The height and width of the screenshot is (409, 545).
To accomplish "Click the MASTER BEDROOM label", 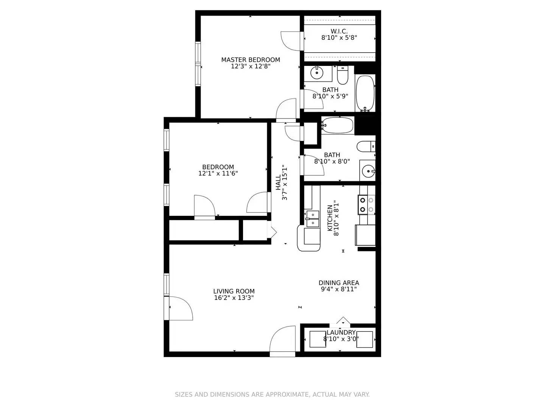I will pyautogui.click(x=251, y=60).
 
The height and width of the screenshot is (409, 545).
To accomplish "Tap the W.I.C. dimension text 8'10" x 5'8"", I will pyautogui.click(x=339, y=38).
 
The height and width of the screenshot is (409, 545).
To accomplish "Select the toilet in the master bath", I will pyautogui.click(x=343, y=75).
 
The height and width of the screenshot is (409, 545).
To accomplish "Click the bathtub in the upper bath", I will pyautogui.click(x=365, y=93).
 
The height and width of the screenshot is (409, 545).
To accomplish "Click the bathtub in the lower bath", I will pyautogui.click(x=338, y=125).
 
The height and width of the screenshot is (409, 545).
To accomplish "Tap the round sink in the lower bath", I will pyautogui.click(x=367, y=172).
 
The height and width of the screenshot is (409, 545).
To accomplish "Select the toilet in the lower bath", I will pyautogui.click(x=366, y=146).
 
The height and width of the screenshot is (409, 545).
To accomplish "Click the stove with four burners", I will pyautogui.click(x=366, y=204).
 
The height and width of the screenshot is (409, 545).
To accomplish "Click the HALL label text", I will pyautogui.click(x=279, y=182).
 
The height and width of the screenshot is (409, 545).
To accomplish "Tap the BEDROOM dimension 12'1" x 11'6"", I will pyautogui.click(x=218, y=174).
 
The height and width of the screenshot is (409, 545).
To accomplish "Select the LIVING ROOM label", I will pyautogui.click(x=234, y=291).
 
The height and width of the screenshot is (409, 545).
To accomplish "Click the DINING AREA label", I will pyautogui.click(x=339, y=283).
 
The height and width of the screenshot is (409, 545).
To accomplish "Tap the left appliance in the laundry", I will pyautogui.click(x=318, y=339).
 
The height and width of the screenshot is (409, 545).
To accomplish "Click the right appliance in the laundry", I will pyautogui.click(x=365, y=339).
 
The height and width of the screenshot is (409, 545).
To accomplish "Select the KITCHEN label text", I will pyautogui.click(x=330, y=218).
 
